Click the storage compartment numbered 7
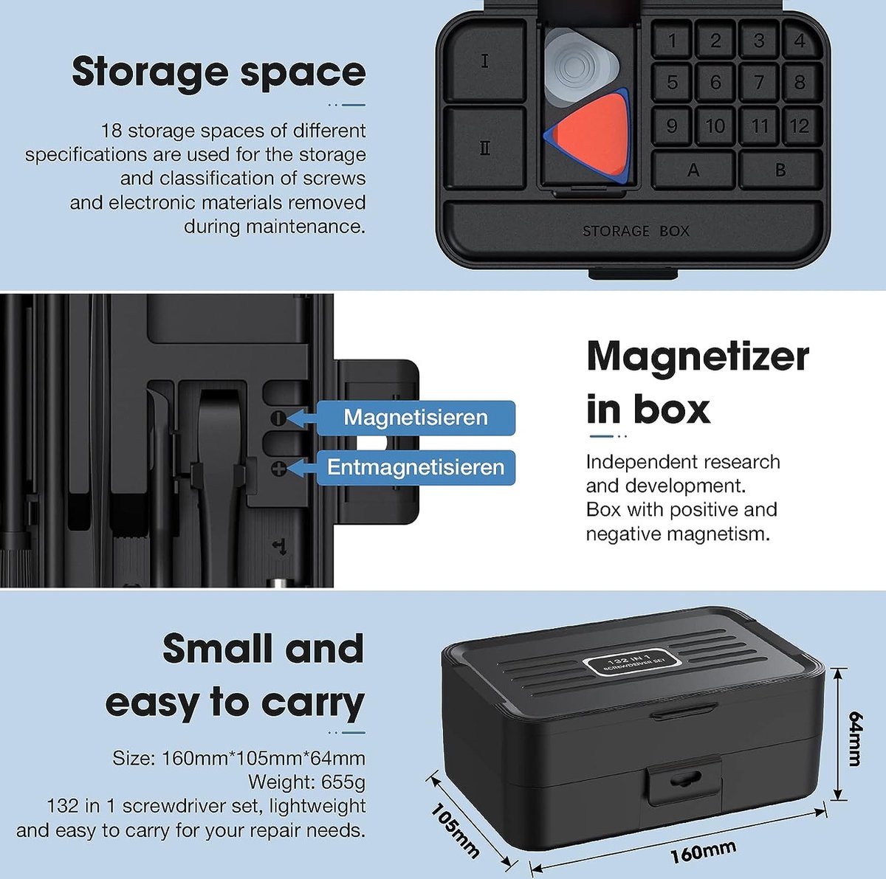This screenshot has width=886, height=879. (759, 83)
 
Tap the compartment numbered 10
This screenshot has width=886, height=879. (715, 125)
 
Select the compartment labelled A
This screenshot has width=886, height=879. (693, 170)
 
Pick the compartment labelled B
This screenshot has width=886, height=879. (780, 170)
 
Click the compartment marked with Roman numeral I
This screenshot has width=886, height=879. (485, 61)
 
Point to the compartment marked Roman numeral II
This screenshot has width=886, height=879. (485, 148)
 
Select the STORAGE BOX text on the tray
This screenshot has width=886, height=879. (636, 231)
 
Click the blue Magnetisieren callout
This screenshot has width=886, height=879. (416, 418)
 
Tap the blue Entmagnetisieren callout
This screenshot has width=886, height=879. (416, 467)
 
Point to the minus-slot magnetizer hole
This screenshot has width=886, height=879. (278, 418)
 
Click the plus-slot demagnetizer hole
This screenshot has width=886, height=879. (278, 469)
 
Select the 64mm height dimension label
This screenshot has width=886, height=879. (856, 739)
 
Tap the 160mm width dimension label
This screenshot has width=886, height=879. (703, 852)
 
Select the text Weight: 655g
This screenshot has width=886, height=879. (306, 782)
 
